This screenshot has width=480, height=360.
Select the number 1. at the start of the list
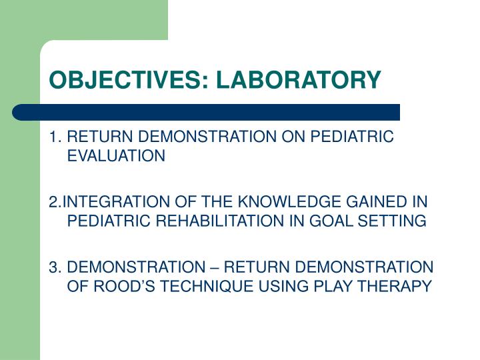55,137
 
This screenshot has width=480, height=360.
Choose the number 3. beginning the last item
55,268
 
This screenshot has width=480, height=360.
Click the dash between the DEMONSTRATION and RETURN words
213,268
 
